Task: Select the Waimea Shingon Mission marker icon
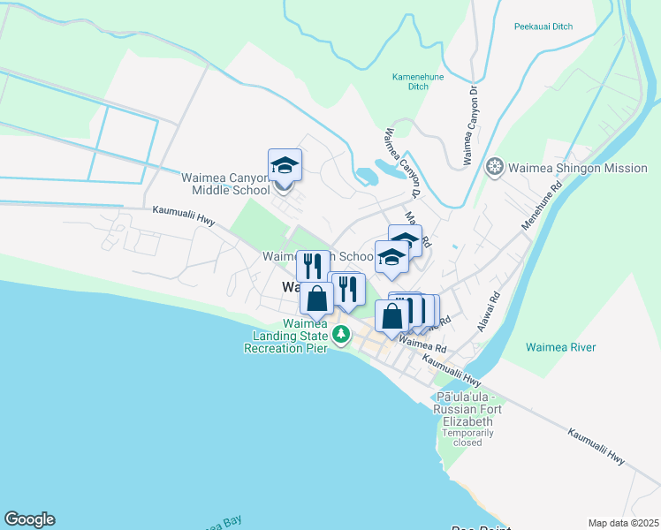495,167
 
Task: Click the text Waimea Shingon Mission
578,168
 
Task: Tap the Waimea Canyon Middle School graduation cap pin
285,165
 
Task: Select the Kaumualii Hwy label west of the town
184,212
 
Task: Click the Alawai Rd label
489,312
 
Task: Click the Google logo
29,519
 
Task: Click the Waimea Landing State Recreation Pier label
285,337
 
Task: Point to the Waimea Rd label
422,340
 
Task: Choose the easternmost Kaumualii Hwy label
596,448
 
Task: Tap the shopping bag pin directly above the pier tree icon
316,299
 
